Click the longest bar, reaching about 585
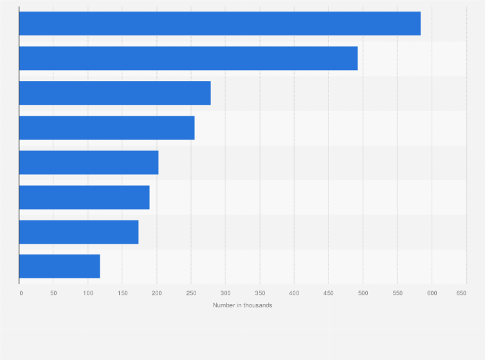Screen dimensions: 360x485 219,24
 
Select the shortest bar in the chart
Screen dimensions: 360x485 59,266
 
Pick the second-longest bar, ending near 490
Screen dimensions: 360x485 188,59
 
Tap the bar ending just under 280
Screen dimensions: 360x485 114,93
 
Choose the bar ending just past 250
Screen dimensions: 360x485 107,128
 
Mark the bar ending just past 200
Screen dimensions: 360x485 89,163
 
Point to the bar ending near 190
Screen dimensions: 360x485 84,197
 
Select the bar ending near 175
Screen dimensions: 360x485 78,231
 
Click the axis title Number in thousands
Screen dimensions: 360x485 243,305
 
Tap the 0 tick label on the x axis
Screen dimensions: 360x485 21,293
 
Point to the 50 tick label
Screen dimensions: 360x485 53,293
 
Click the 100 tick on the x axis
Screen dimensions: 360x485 87,293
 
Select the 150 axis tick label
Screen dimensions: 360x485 122,293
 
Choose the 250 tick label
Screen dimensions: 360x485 191,293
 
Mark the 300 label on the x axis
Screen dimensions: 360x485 225,293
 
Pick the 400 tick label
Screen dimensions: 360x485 294,293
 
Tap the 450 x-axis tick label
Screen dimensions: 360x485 328,293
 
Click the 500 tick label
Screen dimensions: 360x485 363,293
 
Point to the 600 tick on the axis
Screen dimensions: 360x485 432,293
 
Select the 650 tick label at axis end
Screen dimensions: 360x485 461,293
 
